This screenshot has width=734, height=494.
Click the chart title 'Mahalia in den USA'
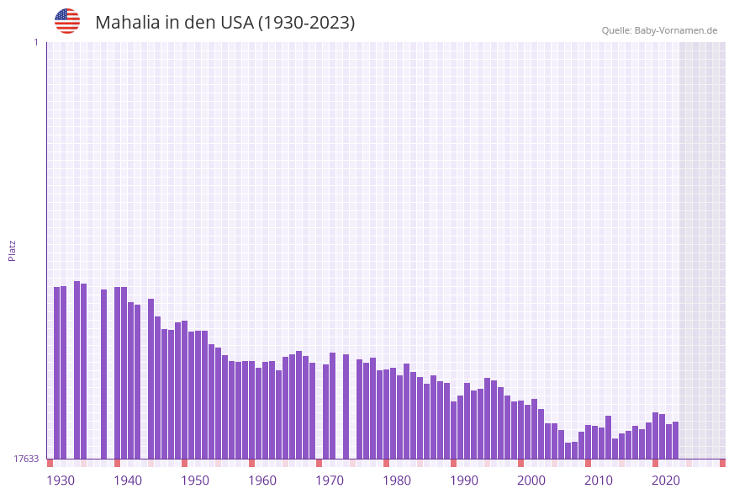[x=224, y=23]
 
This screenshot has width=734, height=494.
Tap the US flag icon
[x=67, y=21]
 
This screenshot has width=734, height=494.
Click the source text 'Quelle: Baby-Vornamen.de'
[x=659, y=30]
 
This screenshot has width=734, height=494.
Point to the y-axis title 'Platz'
[x=13, y=250]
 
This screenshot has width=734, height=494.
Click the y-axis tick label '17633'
[x=26, y=459]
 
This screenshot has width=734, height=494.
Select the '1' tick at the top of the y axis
[x=35, y=42]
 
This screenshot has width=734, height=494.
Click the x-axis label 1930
[x=61, y=481]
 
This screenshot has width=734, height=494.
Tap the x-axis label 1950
[x=195, y=481]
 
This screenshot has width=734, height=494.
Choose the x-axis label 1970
[x=330, y=481]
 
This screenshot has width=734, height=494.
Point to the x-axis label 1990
[x=464, y=481]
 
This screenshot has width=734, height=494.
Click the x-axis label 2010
[x=599, y=481]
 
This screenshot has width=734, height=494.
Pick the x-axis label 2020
[x=666, y=481]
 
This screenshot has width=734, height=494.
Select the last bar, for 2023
[x=675, y=440]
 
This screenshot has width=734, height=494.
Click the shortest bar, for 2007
[x=568, y=450]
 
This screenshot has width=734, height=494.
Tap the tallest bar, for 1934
[x=77, y=370]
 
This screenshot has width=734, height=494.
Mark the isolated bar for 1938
[x=103, y=374]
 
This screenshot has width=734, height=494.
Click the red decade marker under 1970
[x=319, y=463]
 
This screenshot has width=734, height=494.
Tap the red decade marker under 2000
[x=520, y=463]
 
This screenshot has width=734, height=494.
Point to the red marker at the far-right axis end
[x=722, y=463]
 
